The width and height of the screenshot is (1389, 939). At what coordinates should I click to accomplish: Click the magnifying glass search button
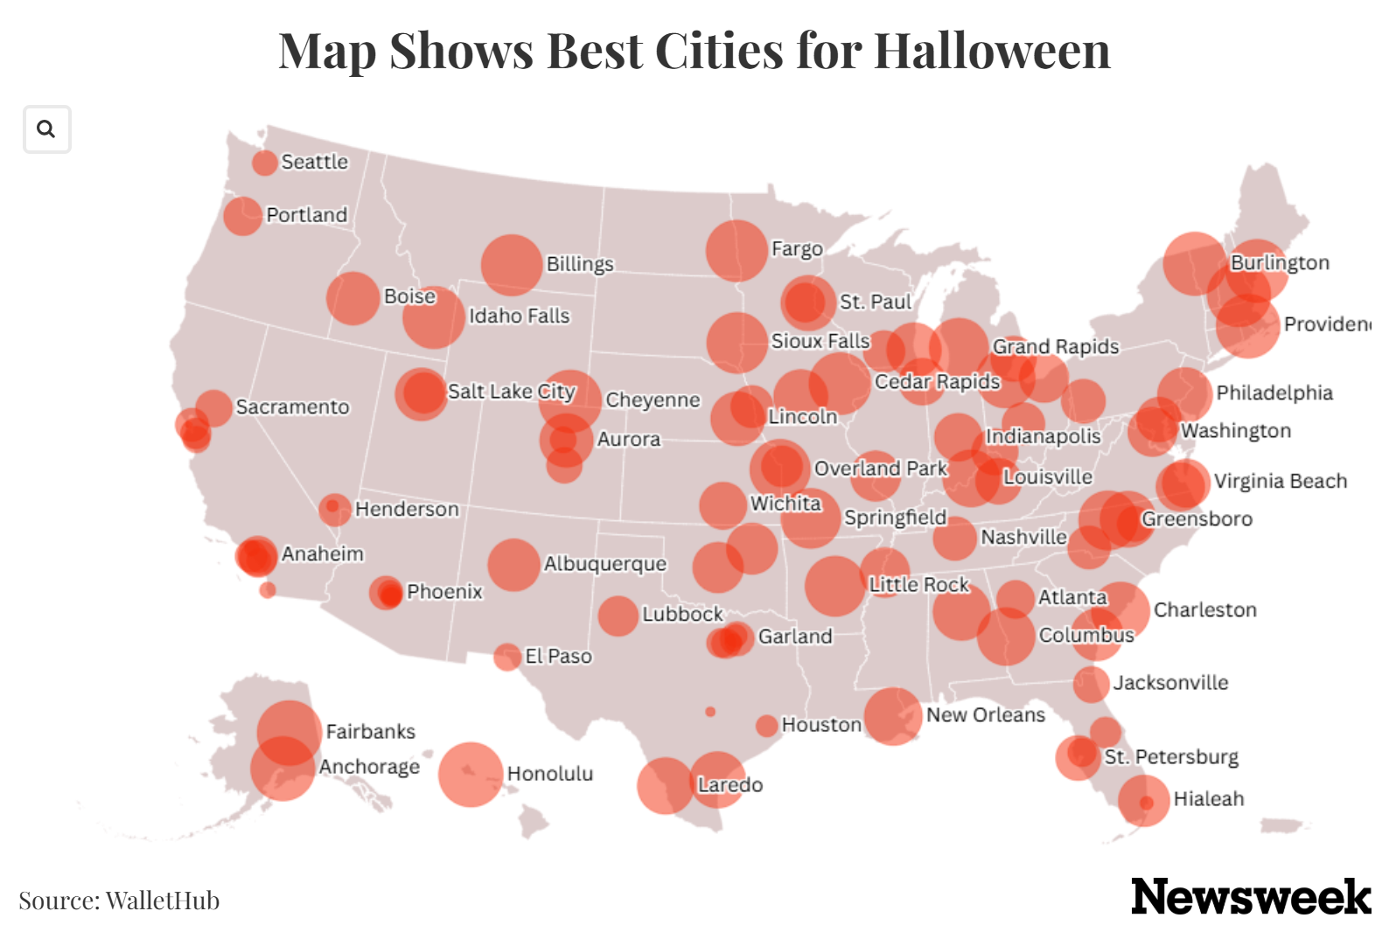(46, 129)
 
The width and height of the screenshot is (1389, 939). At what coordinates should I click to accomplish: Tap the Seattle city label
(314, 162)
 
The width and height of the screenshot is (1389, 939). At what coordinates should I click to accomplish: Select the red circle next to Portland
(242, 215)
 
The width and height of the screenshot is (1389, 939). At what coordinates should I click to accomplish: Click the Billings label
(579, 264)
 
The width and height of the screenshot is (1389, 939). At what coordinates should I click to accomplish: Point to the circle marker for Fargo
(736, 251)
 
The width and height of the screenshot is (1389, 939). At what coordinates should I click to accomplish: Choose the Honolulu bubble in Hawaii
(471, 774)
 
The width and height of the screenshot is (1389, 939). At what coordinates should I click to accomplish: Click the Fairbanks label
(370, 732)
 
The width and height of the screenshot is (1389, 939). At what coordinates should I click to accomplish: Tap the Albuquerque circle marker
(513, 565)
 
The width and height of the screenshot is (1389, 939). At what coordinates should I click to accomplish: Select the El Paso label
(558, 657)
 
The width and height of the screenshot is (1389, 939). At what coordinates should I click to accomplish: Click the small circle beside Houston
(766, 726)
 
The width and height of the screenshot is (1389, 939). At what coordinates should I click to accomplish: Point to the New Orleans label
(985, 715)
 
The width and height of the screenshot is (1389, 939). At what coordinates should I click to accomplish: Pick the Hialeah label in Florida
(1208, 799)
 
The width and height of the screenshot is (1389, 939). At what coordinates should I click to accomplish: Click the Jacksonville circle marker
(1091, 684)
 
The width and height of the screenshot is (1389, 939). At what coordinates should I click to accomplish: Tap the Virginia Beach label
(1280, 482)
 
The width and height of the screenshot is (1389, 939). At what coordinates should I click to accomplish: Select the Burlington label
(1279, 263)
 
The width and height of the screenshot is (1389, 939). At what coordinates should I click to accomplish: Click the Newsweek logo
(1250, 897)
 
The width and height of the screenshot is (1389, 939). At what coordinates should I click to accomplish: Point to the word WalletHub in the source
(162, 901)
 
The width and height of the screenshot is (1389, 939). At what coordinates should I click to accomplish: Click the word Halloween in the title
(992, 51)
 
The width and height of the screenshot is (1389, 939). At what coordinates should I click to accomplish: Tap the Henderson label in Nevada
(406, 510)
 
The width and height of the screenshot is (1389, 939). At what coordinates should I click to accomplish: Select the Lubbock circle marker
(618, 616)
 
